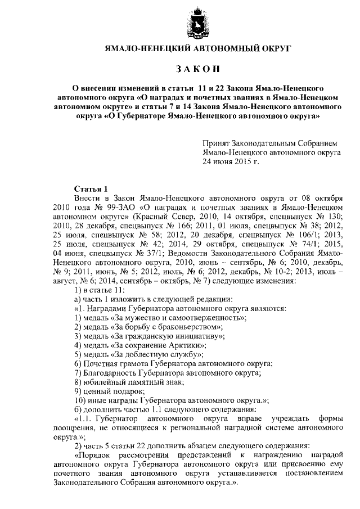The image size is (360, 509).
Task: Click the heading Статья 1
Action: pyautogui.click(x=89, y=188)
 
